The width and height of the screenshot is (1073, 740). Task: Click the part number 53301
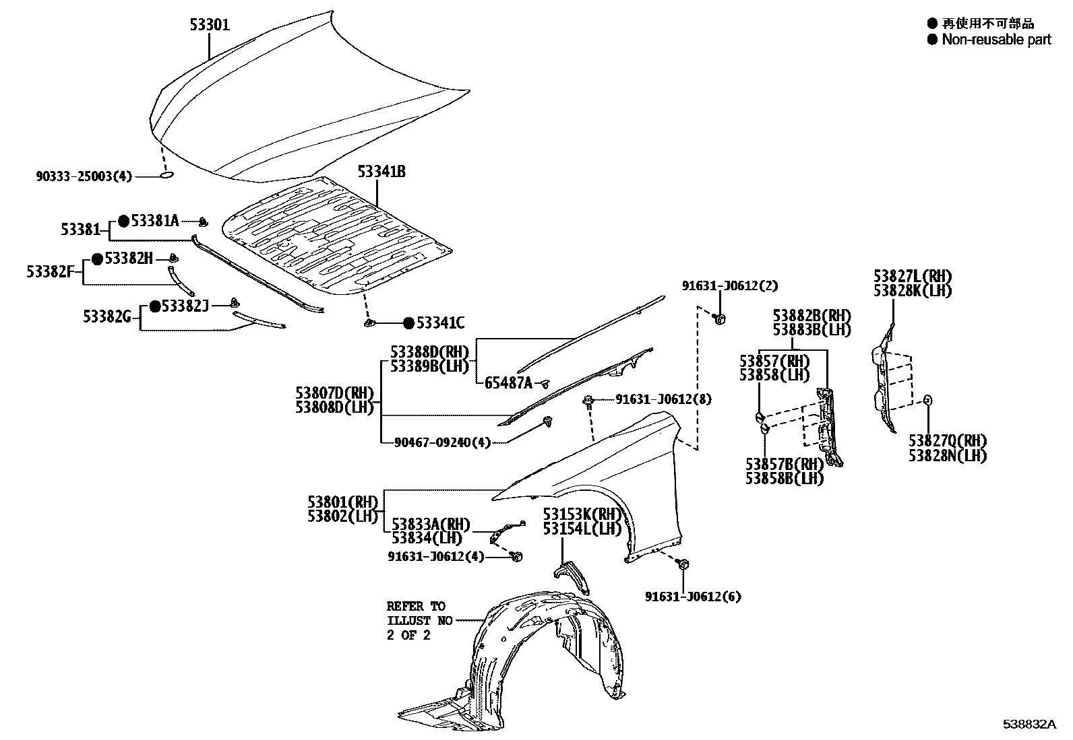pos(209,26)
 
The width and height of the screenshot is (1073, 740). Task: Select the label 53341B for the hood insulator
pos(381,172)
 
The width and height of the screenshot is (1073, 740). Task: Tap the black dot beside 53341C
pos(408,324)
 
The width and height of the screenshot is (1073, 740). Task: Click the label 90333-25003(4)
pos(84,176)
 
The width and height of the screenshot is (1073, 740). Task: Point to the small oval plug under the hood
pos(166,176)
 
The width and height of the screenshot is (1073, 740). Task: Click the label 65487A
pos(508,383)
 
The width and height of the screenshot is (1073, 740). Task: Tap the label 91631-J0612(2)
pos(729,285)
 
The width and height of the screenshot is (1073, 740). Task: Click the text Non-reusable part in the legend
pos(996,40)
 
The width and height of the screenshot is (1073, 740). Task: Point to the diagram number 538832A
pos(1028,725)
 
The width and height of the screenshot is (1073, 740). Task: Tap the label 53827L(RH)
pos(913,276)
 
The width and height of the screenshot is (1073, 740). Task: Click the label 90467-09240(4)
pos(444,442)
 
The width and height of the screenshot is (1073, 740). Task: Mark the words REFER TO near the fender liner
pos(416,606)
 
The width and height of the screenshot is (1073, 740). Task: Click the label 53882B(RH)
pos(811,316)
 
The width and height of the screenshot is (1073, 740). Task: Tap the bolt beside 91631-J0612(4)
pos(518,556)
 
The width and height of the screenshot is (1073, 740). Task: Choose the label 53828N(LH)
pos(947,456)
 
